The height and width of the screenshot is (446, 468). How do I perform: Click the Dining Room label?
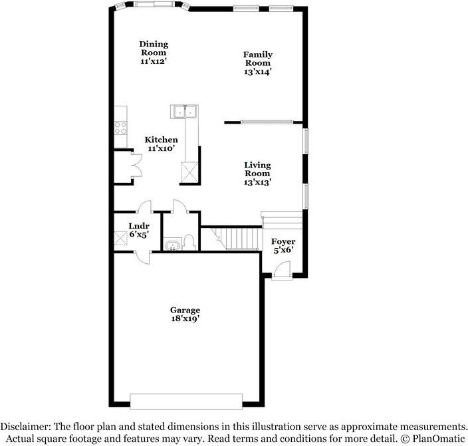tap(154, 53)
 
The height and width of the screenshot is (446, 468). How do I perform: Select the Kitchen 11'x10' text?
tap(162, 144)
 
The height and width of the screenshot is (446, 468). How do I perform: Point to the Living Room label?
tap(257, 173)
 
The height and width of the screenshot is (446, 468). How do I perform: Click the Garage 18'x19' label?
tap(185, 314)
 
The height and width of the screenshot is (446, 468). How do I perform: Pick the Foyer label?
tap(284, 245)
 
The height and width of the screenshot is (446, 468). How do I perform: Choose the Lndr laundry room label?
tap(138, 229)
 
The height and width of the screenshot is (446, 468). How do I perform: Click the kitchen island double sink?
tap(184, 112)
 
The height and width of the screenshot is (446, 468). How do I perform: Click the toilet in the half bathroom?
tap(189, 242)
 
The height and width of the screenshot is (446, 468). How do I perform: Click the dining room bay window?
tap(152, 6)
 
